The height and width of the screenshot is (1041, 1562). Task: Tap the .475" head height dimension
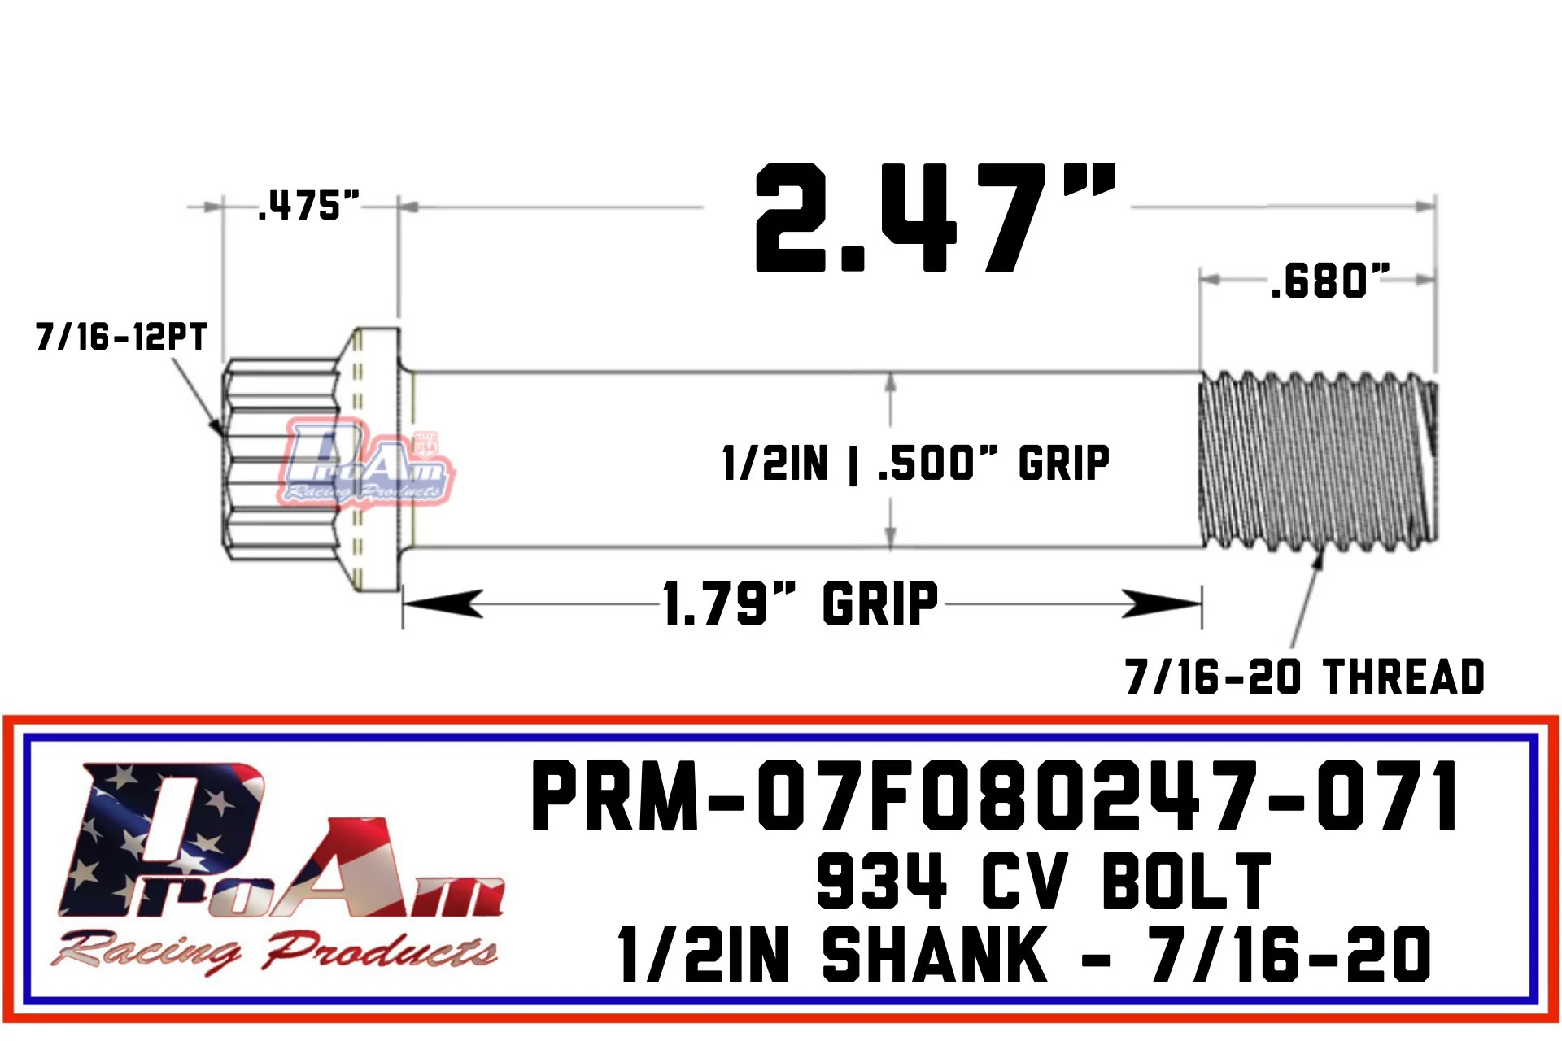click(x=308, y=206)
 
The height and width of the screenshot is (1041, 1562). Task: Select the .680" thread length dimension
click(x=1330, y=281)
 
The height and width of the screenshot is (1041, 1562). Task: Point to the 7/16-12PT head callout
click(x=121, y=336)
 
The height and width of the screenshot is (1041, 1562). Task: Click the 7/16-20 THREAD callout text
click(x=1305, y=677)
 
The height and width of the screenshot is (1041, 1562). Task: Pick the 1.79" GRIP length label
click(x=801, y=603)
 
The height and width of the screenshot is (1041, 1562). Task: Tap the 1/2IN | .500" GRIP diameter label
click(x=916, y=464)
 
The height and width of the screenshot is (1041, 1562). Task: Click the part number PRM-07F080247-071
click(x=995, y=796)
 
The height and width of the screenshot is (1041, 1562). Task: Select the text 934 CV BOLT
click(x=1044, y=881)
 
